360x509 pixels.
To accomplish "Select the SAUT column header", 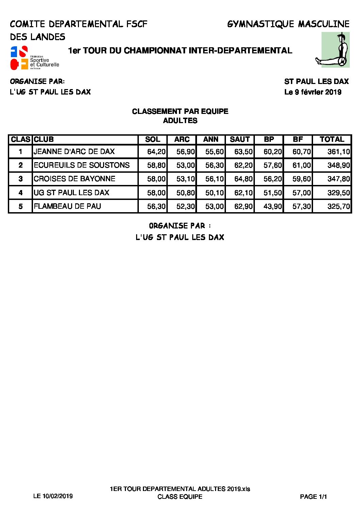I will [x=240, y=139].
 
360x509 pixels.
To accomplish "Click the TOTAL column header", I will [x=332, y=139].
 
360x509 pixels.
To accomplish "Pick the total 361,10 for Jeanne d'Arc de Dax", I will [x=338, y=152].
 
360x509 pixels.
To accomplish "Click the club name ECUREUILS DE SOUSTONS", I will [x=82, y=165].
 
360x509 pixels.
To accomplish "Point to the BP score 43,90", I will [x=273, y=206].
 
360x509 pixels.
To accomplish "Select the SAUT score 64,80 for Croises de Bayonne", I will [x=243, y=179].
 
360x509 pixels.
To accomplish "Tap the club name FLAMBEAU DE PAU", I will [x=67, y=206].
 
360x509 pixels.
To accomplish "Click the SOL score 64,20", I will [x=156, y=152].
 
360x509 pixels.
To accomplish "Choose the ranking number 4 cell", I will [x=20, y=193].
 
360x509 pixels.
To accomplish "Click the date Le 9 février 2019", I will [x=313, y=92].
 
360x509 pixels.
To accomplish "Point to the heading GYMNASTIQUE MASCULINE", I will [x=288, y=24].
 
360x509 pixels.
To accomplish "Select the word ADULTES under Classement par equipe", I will [x=180, y=121].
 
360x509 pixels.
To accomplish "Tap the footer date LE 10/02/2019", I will [x=53, y=496].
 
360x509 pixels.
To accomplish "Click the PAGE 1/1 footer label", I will [x=313, y=497].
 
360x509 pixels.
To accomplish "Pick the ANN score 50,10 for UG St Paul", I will [x=214, y=193].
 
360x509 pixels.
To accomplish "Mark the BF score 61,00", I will [x=301, y=165].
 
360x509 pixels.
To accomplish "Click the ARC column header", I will [x=182, y=139].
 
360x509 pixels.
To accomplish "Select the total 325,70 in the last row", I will [x=338, y=206].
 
